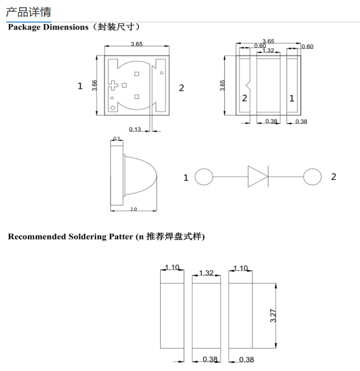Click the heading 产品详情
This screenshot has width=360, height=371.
click(x=28, y=11)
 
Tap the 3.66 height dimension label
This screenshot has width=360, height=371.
click(x=94, y=86)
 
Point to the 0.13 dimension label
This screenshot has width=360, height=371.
click(x=135, y=129)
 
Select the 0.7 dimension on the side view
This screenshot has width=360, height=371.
click(x=117, y=139)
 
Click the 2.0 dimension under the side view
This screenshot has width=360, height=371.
click(x=133, y=209)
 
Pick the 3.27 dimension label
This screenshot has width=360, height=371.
click(x=272, y=315)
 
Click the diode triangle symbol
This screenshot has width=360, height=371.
click(x=257, y=176)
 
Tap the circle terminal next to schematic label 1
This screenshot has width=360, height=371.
click(x=203, y=177)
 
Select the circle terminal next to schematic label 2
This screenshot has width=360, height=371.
click(x=311, y=177)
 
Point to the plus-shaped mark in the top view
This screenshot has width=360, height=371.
click(x=116, y=86)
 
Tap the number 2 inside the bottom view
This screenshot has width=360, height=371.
click(x=244, y=98)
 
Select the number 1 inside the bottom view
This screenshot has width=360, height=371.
click(x=292, y=98)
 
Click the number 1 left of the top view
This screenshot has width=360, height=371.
click(x=80, y=86)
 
